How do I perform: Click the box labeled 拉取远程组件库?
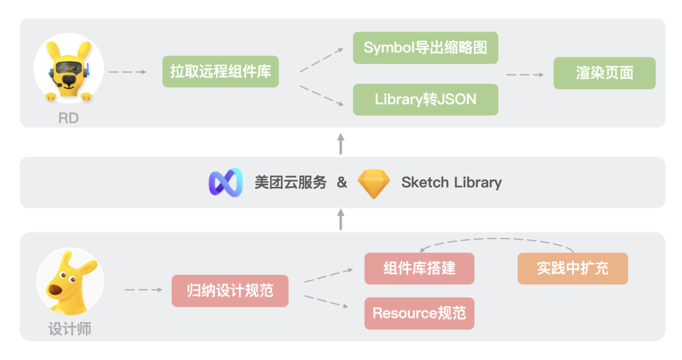point(220,72)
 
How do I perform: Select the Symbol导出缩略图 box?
point(425,48)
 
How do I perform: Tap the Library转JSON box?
point(425,99)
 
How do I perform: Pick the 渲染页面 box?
point(604,73)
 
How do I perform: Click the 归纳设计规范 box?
point(230,291)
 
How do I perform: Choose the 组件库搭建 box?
point(419,268)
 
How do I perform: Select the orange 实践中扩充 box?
point(573,268)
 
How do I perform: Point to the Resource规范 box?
point(419,313)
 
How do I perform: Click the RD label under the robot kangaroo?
point(68,118)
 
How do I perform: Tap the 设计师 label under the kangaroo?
point(69,329)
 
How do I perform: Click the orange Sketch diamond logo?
point(374,184)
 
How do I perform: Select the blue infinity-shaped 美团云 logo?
point(226,183)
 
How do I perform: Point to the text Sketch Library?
point(452,183)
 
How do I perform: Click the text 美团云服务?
point(291,183)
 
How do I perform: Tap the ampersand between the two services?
point(342,183)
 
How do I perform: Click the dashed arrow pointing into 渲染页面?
point(525,75)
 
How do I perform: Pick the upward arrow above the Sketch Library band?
point(341,144)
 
